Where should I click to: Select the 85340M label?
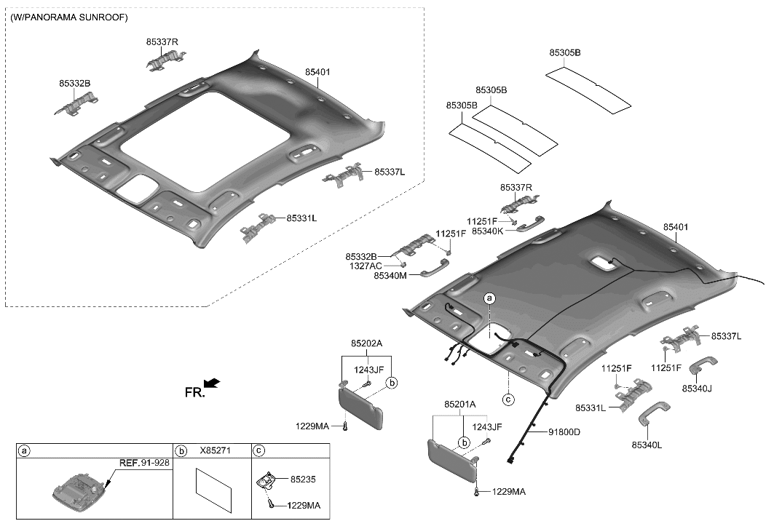tap(390, 276)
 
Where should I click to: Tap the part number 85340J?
tap(697, 389)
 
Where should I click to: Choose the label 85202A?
tap(367, 343)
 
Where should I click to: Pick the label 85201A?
tap(459, 404)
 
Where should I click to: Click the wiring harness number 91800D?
tap(564, 432)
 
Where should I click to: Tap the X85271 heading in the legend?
tap(213, 451)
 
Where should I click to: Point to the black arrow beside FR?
tap(211, 383)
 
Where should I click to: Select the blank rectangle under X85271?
tap(214, 490)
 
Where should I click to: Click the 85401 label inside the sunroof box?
tap(317, 73)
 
